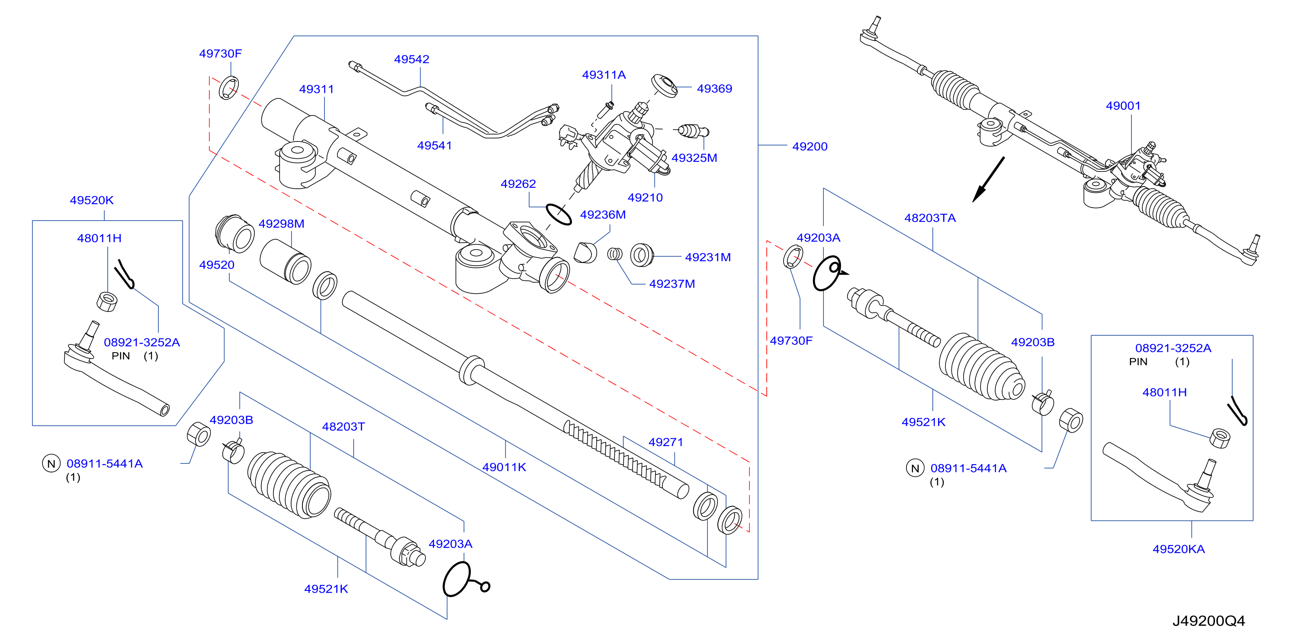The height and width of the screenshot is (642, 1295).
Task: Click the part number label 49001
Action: (1123, 106)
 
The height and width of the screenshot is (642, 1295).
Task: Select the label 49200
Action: (810, 147)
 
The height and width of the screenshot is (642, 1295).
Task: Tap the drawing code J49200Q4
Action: (1208, 621)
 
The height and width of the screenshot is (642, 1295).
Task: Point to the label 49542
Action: (412, 59)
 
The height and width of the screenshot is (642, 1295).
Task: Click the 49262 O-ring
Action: (558, 215)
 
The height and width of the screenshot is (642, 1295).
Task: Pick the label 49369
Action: (714, 89)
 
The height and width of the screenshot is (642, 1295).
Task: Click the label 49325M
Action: (694, 158)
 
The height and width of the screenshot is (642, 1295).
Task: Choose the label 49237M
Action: (672, 284)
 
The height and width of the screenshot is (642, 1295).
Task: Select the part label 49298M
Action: (282, 224)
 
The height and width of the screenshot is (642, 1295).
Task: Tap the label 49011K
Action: (504, 468)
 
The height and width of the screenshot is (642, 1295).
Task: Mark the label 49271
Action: (665, 443)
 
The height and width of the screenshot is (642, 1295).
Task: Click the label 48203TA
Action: (930, 218)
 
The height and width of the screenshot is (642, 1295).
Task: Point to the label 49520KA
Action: (1178, 549)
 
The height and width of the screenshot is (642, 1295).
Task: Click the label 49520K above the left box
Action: (91, 201)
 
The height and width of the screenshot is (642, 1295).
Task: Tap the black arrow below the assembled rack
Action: (988, 180)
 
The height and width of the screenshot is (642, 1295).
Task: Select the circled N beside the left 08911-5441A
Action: (51, 463)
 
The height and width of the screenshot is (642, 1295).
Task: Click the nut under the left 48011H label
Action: (106, 302)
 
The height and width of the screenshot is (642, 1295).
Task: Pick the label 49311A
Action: (604, 75)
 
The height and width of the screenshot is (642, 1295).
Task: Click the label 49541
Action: (434, 146)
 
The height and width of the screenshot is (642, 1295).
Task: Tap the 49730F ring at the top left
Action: (229, 89)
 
